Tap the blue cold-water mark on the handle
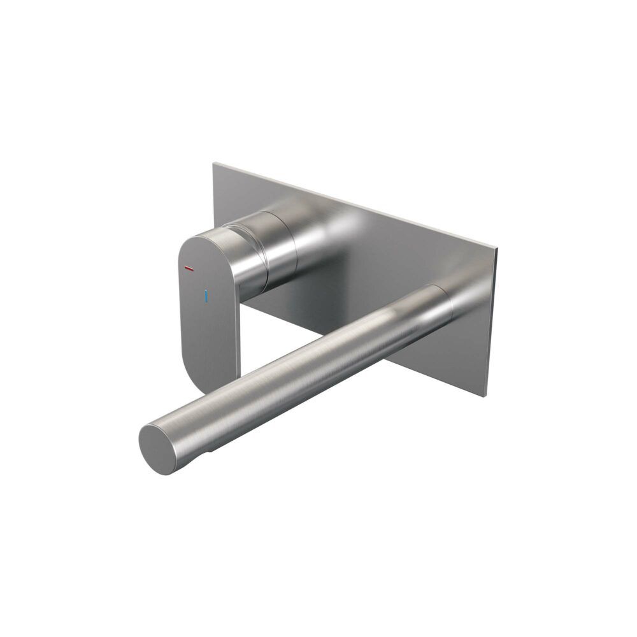coord(205,296)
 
